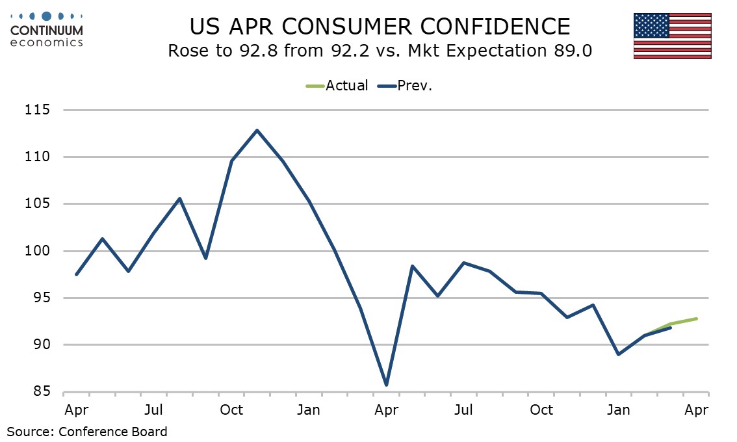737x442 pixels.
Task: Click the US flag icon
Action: click(x=673, y=36)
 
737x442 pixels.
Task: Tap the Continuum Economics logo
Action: click(x=47, y=29)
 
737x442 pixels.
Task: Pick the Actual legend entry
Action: click(x=337, y=85)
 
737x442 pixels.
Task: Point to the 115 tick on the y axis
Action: click(x=38, y=110)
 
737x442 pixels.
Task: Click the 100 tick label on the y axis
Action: click(x=38, y=251)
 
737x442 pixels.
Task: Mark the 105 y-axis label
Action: click(x=38, y=204)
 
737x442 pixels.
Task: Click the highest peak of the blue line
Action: click(x=257, y=130)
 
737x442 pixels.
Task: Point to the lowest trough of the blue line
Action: click(x=387, y=385)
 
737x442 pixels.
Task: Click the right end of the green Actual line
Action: click(x=697, y=318)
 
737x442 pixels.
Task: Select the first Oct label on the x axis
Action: click(x=231, y=410)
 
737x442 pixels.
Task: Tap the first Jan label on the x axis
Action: click(x=309, y=410)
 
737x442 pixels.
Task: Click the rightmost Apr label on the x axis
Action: click(x=696, y=410)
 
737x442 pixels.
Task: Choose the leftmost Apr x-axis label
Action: click(x=77, y=410)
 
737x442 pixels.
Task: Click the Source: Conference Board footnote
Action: click(x=87, y=431)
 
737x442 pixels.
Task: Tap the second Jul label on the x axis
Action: click(x=463, y=410)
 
